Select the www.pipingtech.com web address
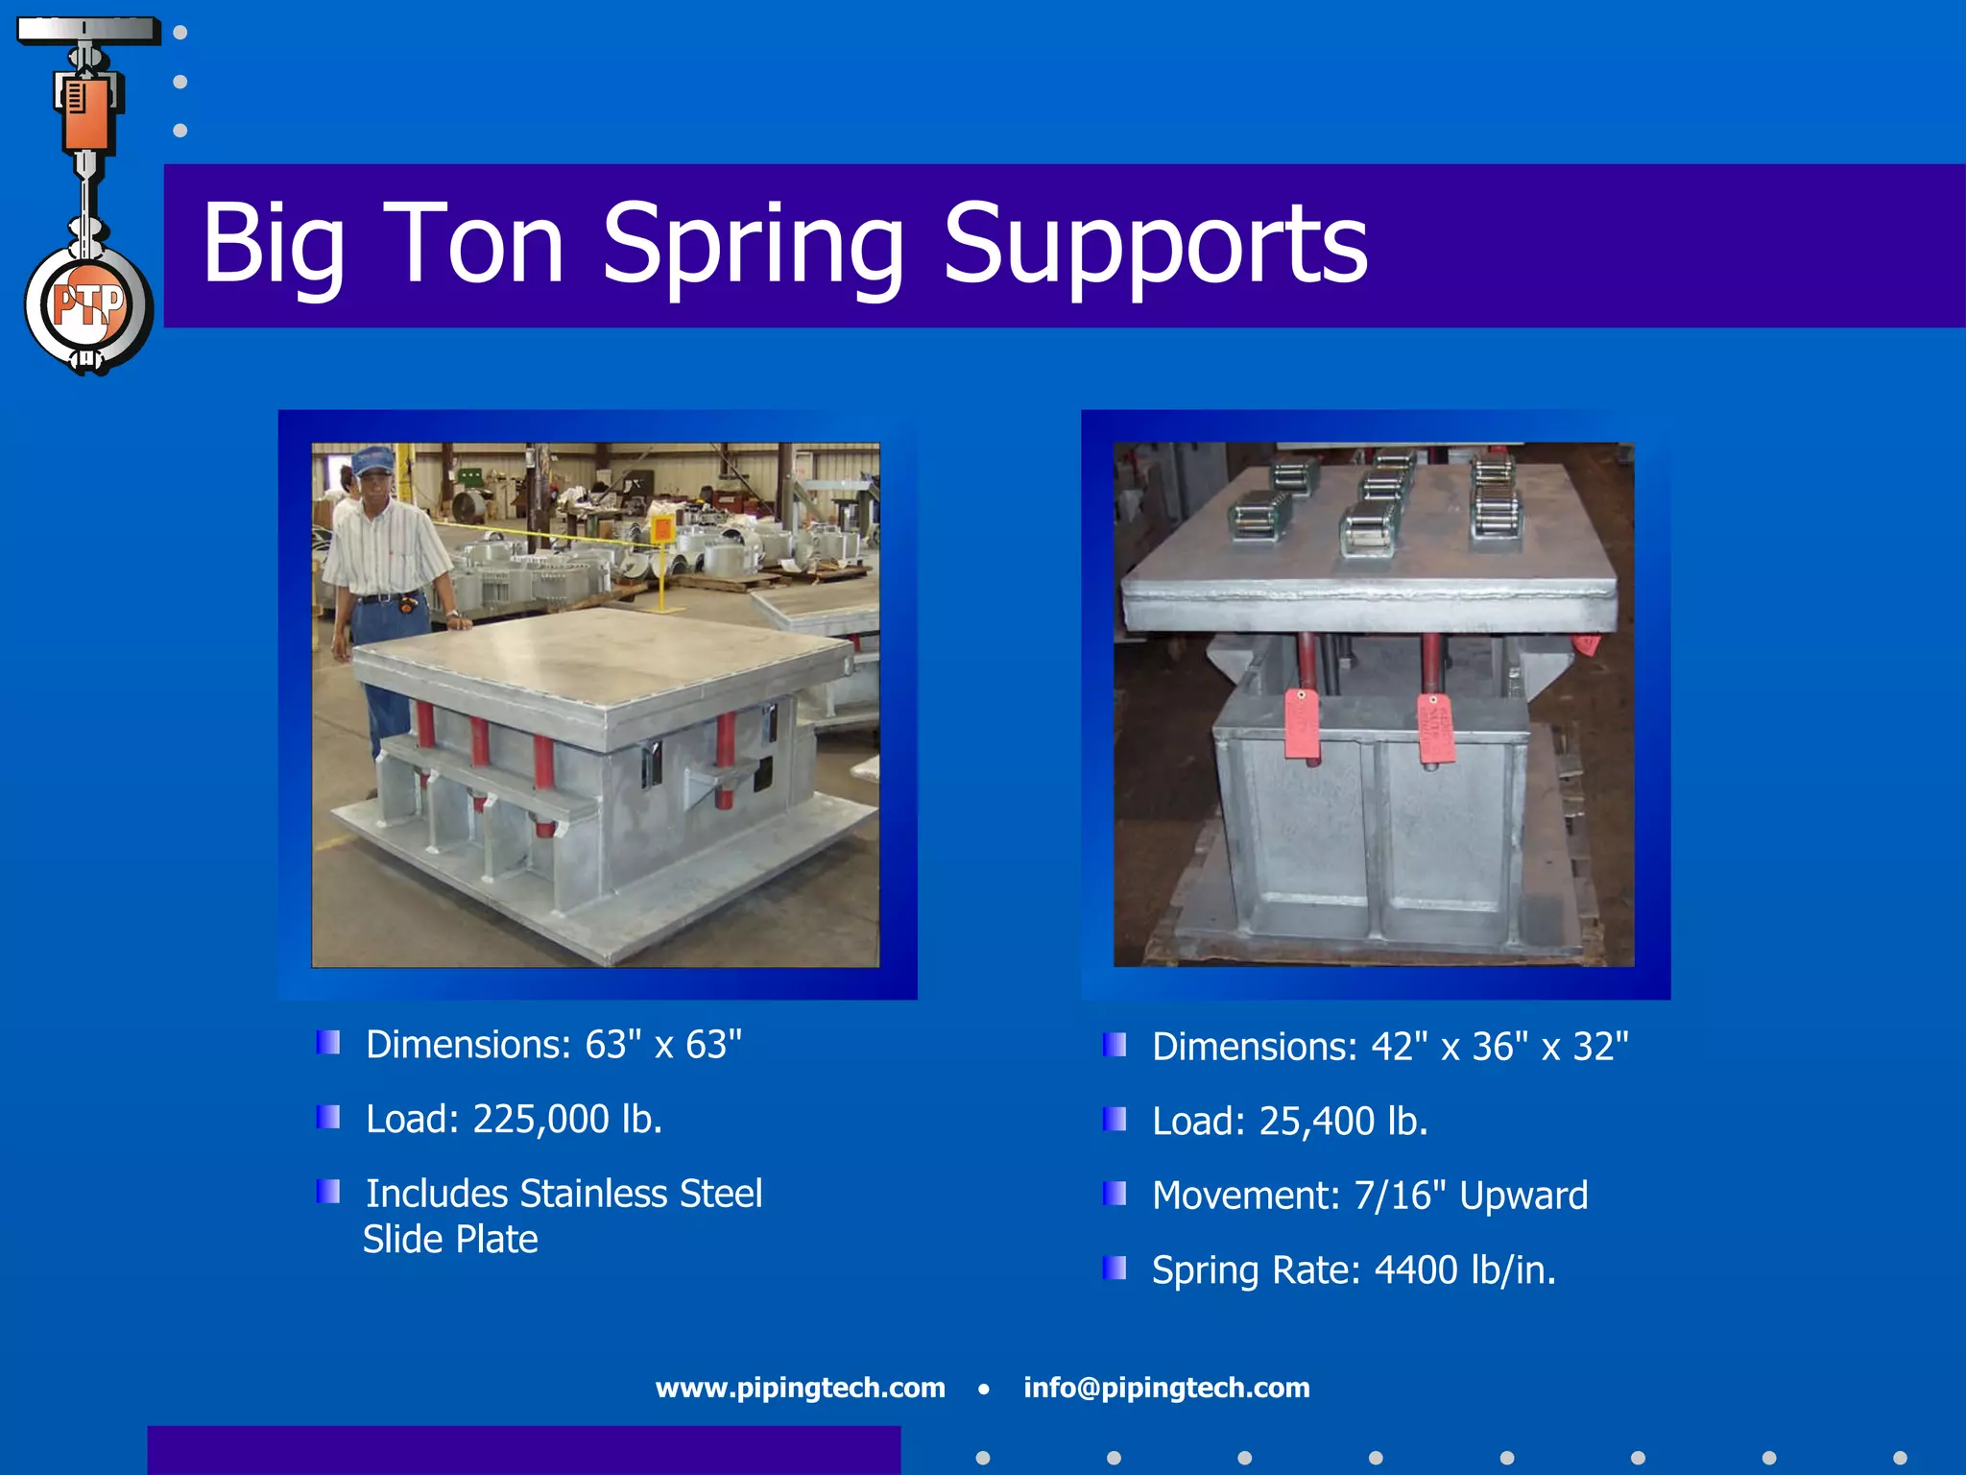800,1388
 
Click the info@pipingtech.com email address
1166,1388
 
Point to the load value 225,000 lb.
566,1119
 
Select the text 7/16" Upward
1470,1196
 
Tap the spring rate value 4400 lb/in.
1465,1269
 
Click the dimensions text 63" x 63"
663,1045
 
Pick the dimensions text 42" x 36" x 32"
1499,1047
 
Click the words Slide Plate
450,1239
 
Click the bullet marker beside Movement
1115,1194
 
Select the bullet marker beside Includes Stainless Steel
328,1192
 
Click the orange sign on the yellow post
661,527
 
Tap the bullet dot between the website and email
983,1389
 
